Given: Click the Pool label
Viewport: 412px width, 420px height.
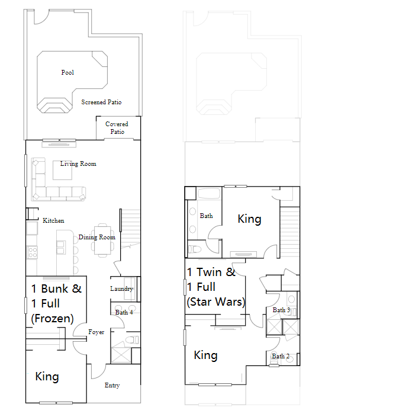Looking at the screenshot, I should [67, 73].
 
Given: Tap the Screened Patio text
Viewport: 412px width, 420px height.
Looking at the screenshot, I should [101, 102].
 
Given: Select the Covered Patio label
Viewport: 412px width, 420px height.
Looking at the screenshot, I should [117, 128].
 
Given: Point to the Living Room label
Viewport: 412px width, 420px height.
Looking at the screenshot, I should [78, 164].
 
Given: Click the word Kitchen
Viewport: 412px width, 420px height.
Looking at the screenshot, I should [53, 221].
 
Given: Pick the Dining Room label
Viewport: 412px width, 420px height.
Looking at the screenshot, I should [96, 238].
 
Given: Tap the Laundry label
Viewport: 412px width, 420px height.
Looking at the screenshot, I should [121, 289].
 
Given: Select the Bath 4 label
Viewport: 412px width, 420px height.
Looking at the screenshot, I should [124, 312].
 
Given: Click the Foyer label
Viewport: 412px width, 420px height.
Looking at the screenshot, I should [96, 332].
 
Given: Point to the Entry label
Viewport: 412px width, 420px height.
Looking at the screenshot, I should [112, 386].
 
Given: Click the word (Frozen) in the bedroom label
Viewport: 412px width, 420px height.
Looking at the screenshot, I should [52, 319].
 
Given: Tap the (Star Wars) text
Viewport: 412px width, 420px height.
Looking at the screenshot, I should [215, 302].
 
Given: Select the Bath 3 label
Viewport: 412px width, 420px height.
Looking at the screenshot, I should [281, 310].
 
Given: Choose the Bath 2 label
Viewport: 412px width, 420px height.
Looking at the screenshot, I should [280, 357].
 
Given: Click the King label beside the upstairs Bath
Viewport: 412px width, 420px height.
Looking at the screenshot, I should [249, 219].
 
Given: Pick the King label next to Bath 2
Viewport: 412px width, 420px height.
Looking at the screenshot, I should [205, 355].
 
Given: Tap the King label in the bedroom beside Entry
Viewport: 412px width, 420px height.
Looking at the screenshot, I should [47, 377].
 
